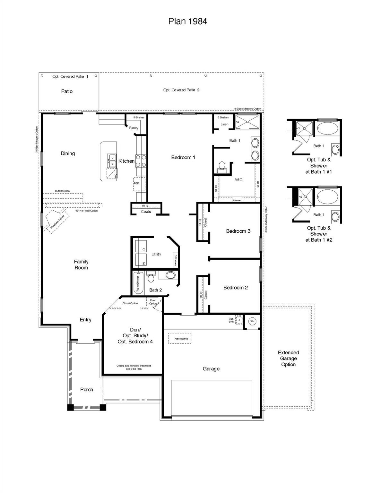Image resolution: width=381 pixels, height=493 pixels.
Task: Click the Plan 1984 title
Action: pos(187,22)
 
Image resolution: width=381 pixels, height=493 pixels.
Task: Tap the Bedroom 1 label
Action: pos(183,157)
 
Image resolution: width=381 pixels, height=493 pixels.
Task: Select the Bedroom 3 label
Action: pos(238,231)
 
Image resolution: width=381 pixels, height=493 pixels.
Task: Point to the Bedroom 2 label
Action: pos(236,288)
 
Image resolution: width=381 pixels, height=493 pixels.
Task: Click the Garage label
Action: pos(211,369)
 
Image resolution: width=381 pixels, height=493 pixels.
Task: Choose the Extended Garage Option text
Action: pos(288,359)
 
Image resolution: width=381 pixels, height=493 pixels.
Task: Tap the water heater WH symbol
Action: pos(252,321)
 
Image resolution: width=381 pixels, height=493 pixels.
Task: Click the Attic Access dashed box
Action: pos(180,339)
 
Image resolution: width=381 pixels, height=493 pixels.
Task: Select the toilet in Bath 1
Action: pos(221,166)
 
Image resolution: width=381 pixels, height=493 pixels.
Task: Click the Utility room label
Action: pos(156,254)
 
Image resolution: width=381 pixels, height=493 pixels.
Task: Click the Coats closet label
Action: pos(146,212)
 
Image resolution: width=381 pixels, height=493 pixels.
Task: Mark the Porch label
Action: pos(87,390)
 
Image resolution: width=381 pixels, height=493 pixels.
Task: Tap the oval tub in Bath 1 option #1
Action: pos(327,128)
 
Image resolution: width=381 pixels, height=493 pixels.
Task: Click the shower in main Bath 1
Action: pos(247,122)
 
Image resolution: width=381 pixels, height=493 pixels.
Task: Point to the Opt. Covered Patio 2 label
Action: pos(181,90)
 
